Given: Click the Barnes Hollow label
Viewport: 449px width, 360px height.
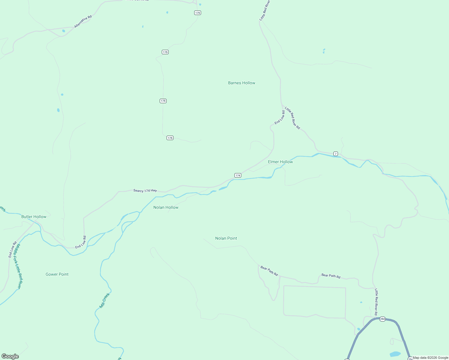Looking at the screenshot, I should click(242, 83).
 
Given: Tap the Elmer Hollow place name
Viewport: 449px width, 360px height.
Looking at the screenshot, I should click(280, 162).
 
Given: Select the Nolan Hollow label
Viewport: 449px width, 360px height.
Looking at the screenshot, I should click(166, 208).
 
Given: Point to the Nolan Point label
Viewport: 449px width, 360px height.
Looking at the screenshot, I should click(226, 238).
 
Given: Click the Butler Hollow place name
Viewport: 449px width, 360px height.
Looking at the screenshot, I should click(34, 217).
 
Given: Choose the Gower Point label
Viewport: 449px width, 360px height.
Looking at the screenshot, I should click(57, 274).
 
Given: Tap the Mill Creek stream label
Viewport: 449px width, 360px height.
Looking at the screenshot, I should click(105, 301).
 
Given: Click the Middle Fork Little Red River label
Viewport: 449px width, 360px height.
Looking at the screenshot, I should click(19, 266).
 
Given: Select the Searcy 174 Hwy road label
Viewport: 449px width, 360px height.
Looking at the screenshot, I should click(145, 190).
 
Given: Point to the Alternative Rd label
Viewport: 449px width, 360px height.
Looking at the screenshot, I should click(83, 22).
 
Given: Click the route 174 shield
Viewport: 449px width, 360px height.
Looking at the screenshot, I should click(238, 175).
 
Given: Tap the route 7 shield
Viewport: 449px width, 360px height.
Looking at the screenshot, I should click(336, 154).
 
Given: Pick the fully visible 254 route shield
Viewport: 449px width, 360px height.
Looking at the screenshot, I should click(382, 319).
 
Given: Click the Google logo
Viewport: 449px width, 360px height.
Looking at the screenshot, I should click(10, 356).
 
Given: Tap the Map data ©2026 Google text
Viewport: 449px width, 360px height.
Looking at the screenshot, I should click(430, 358).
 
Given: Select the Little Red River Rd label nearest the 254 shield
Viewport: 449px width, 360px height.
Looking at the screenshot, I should click(376, 302).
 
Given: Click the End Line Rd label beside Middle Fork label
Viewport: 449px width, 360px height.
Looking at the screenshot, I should click(13, 250).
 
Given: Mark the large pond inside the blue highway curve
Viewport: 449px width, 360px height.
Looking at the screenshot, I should click(395, 354).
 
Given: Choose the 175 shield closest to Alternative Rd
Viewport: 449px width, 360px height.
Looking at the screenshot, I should click(197, 13).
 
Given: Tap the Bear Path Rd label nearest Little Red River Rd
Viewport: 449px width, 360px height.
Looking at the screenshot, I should click(331, 276).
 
